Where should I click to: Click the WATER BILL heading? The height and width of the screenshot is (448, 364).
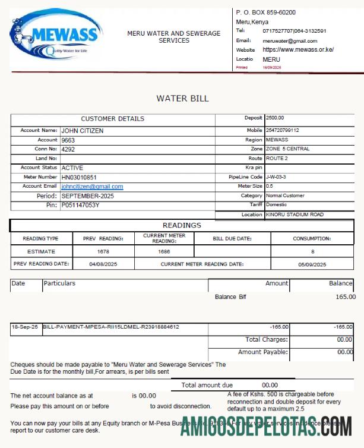(182, 99)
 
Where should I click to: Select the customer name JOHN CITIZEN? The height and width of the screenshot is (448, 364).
(82, 131)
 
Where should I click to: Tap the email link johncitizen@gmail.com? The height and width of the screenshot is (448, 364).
(92, 187)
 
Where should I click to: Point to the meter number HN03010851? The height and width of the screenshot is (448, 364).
(78, 177)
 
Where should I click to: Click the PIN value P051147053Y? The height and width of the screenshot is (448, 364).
(81, 205)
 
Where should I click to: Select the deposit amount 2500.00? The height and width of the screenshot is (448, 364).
(275, 118)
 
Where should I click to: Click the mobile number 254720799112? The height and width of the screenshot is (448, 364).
(282, 130)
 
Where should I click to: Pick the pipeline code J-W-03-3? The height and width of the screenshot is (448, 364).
(277, 177)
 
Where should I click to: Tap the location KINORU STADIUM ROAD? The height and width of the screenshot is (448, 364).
(295, 214)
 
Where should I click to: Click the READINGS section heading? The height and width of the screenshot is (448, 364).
(182, 226)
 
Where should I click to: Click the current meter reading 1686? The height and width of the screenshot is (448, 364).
(164, 251)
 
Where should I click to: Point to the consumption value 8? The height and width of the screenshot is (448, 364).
(312, 251)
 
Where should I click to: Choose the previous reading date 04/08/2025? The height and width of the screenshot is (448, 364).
(104, 264)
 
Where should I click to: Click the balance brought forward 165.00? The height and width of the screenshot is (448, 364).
(345, 296)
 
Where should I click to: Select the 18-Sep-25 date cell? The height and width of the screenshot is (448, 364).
(25, 327)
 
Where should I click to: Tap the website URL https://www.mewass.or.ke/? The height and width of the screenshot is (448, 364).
(297, 50)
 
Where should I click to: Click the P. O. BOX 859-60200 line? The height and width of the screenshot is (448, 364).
(266, 12)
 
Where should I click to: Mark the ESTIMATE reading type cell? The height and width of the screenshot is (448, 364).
(40, 251)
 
